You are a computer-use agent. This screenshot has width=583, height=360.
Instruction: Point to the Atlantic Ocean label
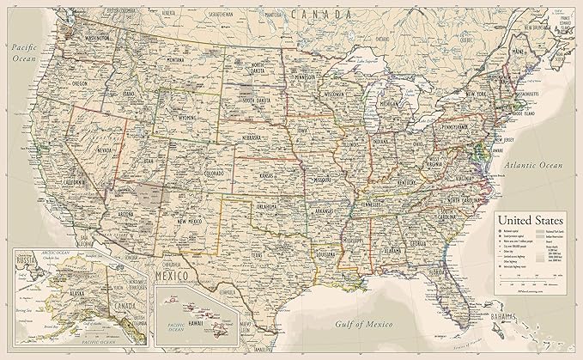[x=533, y=162]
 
